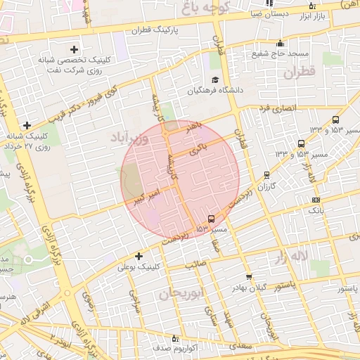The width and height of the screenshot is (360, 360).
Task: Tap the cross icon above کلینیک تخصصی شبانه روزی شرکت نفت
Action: [x=75, y=49]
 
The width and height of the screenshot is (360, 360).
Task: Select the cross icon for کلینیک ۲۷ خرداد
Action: [x=27, y=125]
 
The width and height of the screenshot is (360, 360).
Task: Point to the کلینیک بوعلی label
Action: [x=139, y=267]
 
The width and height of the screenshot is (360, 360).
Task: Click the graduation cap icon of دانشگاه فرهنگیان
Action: [x=214, y=79]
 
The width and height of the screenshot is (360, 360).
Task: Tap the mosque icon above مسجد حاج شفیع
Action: [x=280, y=44]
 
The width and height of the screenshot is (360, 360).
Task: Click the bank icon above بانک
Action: [x=316, y=200]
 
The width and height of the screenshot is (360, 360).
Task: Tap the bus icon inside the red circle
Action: [x=212, y=219]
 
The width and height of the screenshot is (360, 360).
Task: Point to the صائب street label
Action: [x=194, y=265]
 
